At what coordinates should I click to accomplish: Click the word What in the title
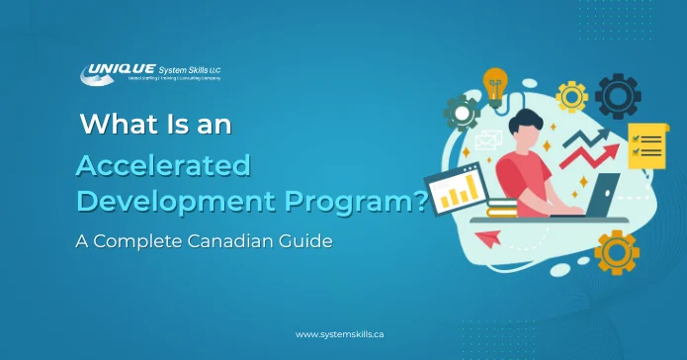coord(114,127)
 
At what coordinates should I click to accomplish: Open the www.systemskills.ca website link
coord(343,335)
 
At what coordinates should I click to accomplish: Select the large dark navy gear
coord(617,96)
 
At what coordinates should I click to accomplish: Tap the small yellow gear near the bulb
coord(570,97)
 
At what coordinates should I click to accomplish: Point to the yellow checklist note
coord(647,147)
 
